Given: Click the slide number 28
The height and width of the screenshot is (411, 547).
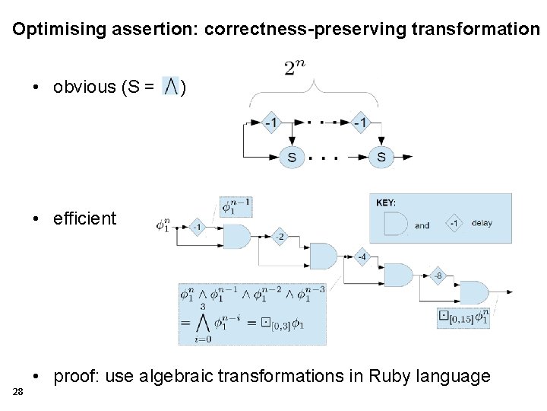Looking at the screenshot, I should [17, 391].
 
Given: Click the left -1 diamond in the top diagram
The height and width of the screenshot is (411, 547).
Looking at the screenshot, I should [270, 123].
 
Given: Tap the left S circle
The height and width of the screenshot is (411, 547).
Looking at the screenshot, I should [292, 158].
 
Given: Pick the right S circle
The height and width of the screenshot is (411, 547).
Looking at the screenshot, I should [381, 158].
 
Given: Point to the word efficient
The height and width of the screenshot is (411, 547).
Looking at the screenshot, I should [84, 218].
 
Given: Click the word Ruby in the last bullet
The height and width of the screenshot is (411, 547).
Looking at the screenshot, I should [392, 376].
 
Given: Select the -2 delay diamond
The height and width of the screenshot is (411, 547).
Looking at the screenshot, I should [280, 237].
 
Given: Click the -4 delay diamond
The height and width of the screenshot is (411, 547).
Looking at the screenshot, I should [361, 256].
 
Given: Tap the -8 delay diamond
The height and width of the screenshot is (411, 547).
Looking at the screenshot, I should [438, 275].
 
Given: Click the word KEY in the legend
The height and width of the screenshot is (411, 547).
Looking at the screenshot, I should [386, 202].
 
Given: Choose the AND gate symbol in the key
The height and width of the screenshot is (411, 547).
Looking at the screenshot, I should [394, 224].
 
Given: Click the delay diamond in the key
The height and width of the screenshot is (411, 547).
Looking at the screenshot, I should [454, 224].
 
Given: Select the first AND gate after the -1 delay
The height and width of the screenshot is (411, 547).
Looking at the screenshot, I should [234, 236].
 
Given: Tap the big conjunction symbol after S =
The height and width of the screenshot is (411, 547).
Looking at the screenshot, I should [171, 87].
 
